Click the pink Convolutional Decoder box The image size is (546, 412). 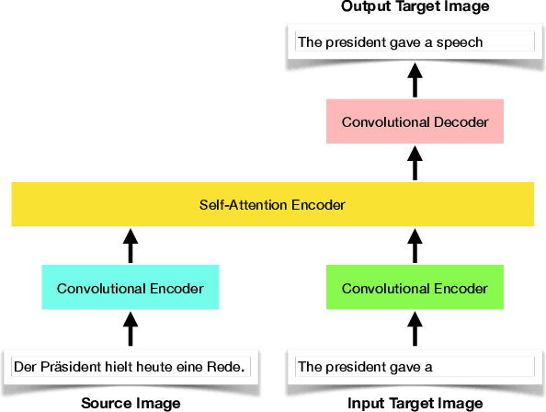coord(415,122)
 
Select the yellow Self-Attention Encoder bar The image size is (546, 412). coord(272,204)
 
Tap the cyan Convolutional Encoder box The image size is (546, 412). coord(130,288)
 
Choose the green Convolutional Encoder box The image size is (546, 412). coord(415,288)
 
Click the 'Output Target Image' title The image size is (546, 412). coord(415,7)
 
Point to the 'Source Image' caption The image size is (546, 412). coord(131,403)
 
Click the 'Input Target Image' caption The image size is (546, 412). coord(415,403)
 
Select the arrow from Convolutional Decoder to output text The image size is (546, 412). coord(415,80)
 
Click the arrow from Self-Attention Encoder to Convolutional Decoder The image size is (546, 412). coord(415,164)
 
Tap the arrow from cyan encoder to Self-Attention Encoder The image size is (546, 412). coord(130,246)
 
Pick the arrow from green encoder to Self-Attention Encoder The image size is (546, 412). coord(415,246)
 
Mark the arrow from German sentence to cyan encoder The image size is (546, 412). coord(130,328)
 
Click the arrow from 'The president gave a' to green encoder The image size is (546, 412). coord(415,328)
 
